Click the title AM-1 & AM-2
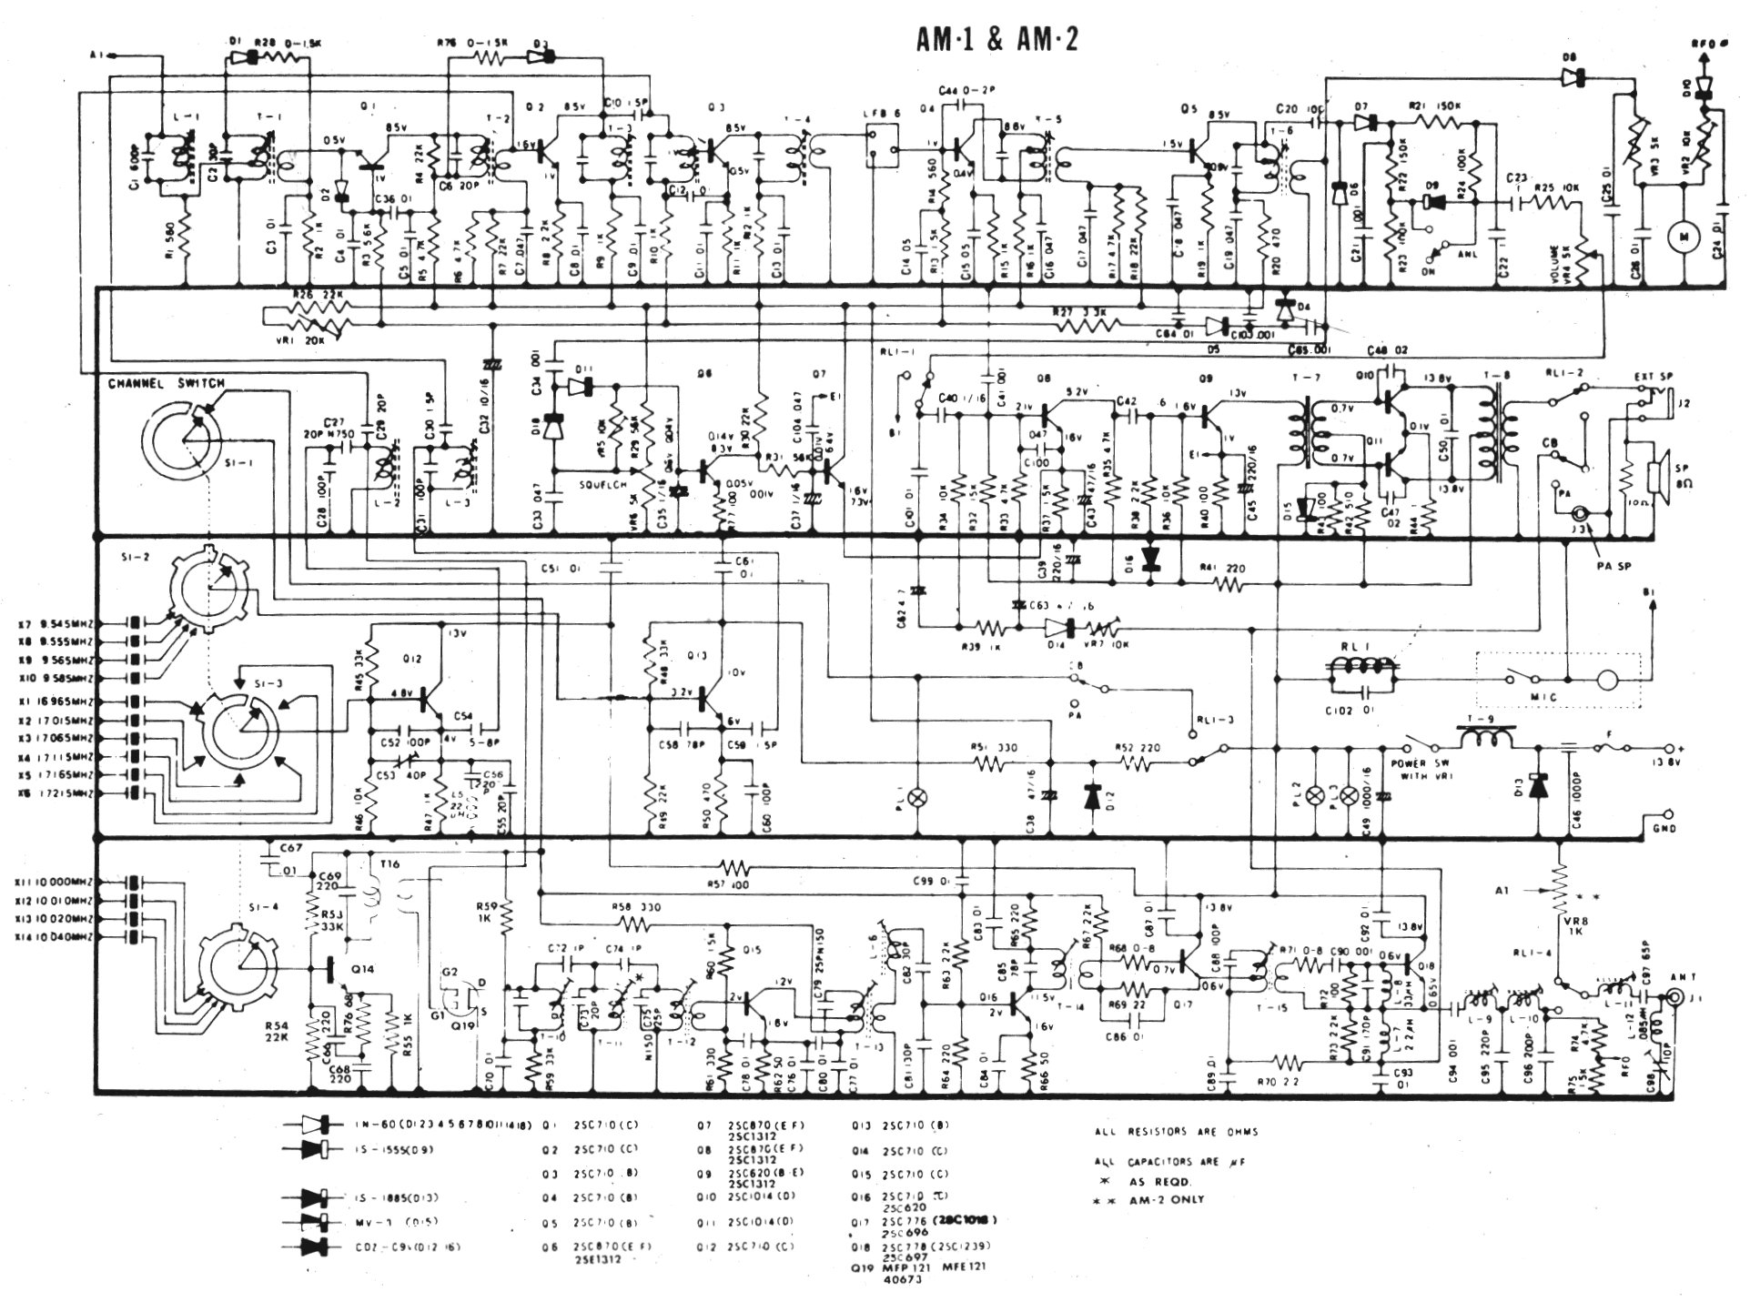click(x=997, y=39)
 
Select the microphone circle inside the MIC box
click(x=1608, y=679)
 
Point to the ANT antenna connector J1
click(x=1679, y=999)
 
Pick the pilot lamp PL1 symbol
click(x=919, y=797)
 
